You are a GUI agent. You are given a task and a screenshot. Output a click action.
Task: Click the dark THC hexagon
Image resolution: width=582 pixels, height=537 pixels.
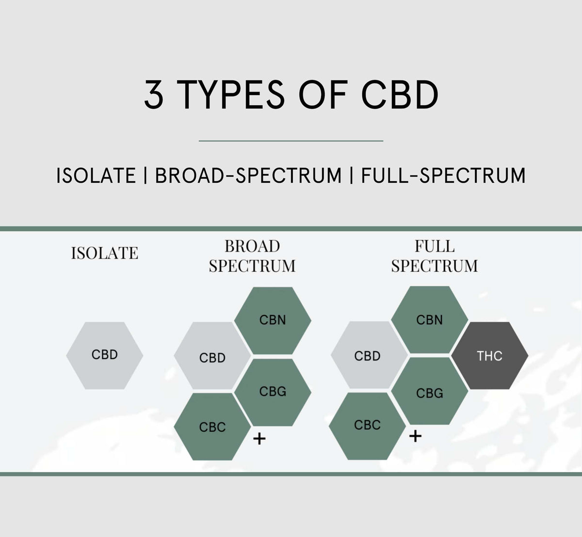489,356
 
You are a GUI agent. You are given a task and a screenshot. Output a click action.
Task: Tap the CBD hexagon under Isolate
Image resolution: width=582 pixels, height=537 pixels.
105,355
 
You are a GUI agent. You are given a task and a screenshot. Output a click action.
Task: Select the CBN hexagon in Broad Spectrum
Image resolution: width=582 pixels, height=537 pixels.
273,320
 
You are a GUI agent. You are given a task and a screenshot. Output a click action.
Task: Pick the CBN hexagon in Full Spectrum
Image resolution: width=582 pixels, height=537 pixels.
430,320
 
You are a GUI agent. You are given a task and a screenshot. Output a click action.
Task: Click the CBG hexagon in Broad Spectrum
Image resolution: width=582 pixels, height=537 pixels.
273,392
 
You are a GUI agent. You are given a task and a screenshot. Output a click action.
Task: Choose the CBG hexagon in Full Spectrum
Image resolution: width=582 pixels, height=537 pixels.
430,393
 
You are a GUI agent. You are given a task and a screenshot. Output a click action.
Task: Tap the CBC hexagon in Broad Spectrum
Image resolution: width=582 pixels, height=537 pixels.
212,427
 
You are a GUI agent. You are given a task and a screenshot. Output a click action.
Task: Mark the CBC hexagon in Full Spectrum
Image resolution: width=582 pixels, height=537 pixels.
367,426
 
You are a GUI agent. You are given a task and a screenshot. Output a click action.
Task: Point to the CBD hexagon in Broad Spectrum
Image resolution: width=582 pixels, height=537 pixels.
212,358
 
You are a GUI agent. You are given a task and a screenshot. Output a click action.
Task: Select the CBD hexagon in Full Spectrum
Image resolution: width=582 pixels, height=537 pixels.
367,356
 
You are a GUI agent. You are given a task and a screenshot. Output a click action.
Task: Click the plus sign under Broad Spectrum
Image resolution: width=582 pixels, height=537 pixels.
260,439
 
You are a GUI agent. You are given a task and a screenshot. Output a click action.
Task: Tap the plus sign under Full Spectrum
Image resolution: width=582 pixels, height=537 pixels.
415,436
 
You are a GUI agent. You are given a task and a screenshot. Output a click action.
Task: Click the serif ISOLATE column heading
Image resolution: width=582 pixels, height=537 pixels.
105,253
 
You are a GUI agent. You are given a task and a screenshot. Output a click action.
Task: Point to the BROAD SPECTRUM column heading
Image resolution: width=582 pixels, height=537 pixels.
252,256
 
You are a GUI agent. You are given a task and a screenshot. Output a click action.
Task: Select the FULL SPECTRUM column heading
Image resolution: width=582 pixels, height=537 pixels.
435,256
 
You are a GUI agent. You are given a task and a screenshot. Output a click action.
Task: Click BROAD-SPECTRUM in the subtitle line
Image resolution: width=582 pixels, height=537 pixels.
248,175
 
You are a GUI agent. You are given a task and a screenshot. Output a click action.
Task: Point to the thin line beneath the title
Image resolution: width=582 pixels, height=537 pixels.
291,141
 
